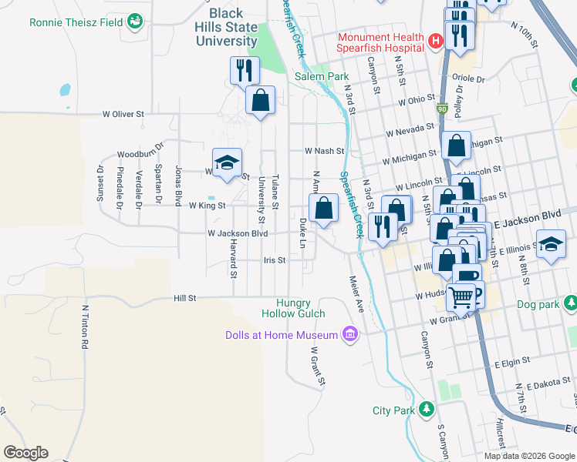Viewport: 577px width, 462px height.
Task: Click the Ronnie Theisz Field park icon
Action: pyautogui.click(x=136, y=22)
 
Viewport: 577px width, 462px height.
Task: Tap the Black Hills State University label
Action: pyautogui.click(x=226, y=28)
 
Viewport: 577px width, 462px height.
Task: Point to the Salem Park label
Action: pyautogui.click(x=322, y=77)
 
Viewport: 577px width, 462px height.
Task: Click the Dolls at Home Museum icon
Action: pyautogui.click(x=350, y=334)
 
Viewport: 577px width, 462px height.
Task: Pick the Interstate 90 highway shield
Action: pyautogui.click(x=442, y=109)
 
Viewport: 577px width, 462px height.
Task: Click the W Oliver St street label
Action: pyautogui.click(x=123, y=114)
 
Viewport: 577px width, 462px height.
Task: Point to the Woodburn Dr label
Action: pyautogui.click(x=141, y=153)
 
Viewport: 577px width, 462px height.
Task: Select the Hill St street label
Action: pyautogui.click(x=185, y=297)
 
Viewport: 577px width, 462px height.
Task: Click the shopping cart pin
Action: pyautogui.click(x=461, y=296)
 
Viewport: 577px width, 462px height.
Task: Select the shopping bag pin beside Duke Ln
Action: pyautogui.click(x=323, y=208)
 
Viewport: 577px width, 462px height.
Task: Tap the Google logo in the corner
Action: pyautogui.click(x=25, y=453)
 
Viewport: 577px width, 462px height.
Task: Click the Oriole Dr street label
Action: pyautogui.click(x=470, y=79)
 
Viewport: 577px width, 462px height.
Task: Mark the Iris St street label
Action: pyautogui.click(x=274, y=260)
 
